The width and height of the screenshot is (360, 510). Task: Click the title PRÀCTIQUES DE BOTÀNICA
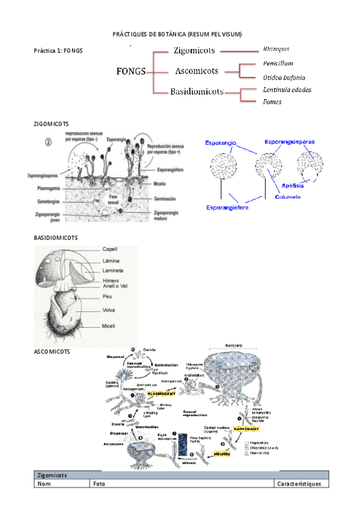tap(177, 34)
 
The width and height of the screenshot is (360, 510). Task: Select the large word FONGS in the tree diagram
tap(130, 72)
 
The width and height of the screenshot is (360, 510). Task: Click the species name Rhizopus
tap(276, 48)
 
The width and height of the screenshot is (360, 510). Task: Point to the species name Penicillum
tap(278, 63)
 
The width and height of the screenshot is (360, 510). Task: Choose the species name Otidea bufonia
tap(284, 78)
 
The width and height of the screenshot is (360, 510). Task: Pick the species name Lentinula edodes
tap(287, 90)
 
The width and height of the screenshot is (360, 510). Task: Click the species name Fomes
tap(272, 102)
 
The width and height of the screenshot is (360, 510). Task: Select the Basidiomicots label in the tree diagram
tap(197, 92)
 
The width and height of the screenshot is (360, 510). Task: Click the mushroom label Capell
tap(110, 248)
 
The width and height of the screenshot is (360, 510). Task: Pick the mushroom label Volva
tap(109, 311)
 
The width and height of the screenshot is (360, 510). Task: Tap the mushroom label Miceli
tap(109, 326)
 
